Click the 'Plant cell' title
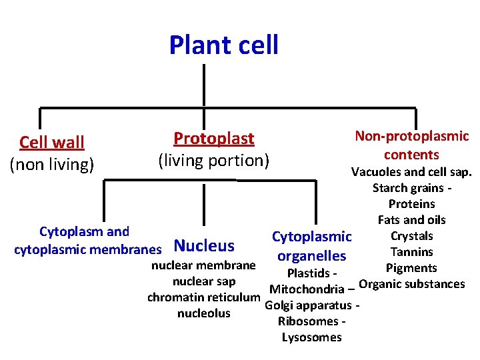tap(223, 45)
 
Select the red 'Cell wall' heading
tap(52, 142)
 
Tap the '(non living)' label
tap(52, 163)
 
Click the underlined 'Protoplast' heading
tap(214, 139)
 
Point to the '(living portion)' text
tap(213, 161)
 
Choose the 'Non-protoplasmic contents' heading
tap(411, 145)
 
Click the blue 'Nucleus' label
tap(203, 246)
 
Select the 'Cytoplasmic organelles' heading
tap(311, 246)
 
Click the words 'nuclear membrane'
tap(203, 265)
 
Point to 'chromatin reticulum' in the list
tap(203, 297)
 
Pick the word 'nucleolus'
tap(203, 313)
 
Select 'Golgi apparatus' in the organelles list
tap(309, 305)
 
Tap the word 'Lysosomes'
tap(311, 337)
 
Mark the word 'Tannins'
tap(411, 252)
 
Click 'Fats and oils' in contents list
tap(411, 220)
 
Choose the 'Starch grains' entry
tap(407, 188)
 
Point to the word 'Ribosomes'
tap(307, 321)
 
